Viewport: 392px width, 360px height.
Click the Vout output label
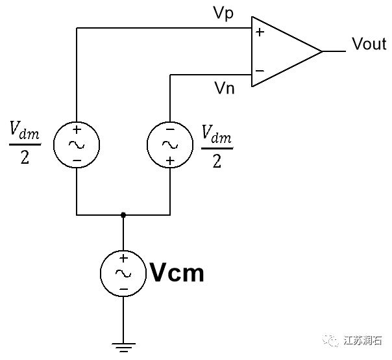click(x=369, y=44)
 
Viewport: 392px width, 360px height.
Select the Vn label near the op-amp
click(x=224, y=88)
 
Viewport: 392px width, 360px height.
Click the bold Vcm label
click(x=177, y=273)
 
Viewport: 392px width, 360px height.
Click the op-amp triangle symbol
click(x=286, y=51)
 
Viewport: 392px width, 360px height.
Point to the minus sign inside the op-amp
click(x=260, y=70)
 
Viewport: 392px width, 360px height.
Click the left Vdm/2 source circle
click(x=77, y=144)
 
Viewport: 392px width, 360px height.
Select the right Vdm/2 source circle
click(x=169, y=144)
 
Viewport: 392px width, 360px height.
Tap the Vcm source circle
click(x=123, y=273)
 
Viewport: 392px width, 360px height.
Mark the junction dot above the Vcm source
click(x=123, y=214)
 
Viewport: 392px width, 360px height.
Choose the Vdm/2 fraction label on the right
click(x=216, y=148)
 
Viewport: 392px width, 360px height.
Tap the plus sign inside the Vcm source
click(x=123, y=259)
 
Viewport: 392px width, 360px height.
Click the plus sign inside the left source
click(x=77, y=129)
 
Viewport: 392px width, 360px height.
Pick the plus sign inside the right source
click(x=169, y=160)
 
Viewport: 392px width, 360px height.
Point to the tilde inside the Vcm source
click(x=123, y=274)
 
